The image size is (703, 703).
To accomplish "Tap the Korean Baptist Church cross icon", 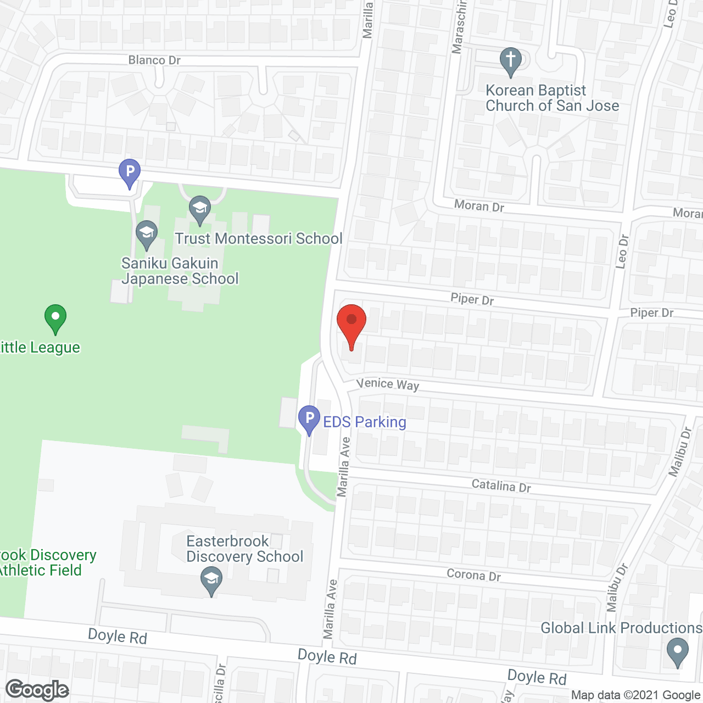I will tap(511, 62).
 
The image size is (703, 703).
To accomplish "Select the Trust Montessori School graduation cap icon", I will tap(200, 209).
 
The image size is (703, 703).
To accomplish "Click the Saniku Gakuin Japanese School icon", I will tap(147, 234).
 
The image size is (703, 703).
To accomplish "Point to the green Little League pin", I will tap(55, 318).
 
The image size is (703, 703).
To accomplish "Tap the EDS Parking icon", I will tap(309, 419).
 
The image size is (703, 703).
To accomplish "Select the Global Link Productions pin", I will tap(677, 652).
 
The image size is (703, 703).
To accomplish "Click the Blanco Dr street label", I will tap(154, 60).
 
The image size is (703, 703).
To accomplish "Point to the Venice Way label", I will tap(388, 384).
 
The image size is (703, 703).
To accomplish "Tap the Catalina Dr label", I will tap(501, 486).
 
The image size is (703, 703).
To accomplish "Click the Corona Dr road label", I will tap(473, 575).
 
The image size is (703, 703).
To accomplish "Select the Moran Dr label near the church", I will tap(479, 206).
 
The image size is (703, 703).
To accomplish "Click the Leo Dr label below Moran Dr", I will tap(622, 252).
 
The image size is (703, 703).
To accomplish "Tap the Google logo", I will tap(37, 690).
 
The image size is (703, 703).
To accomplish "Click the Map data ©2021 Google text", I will tap(636, 695).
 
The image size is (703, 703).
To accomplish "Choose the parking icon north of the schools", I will tap(130, 172).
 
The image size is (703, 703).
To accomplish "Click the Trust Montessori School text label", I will tap(259, 238).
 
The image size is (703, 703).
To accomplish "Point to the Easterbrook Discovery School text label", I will tap(244, 549).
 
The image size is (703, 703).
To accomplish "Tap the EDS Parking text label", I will tap(365, 422).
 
